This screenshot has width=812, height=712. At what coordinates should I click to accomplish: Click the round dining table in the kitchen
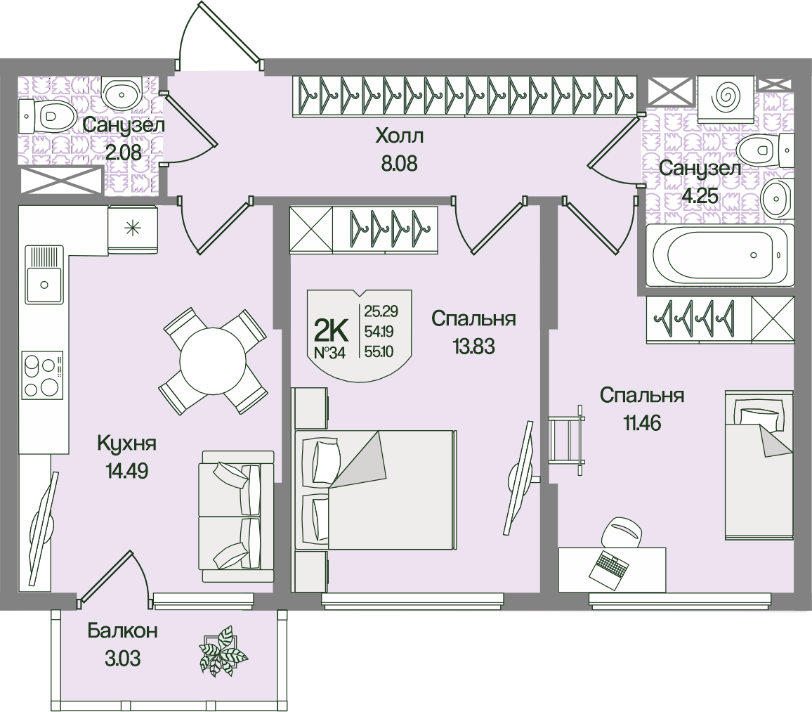point(213,361)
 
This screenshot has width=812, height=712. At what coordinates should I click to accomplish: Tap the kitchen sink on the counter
point(44,283)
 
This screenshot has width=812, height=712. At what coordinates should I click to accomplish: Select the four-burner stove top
point(42,377)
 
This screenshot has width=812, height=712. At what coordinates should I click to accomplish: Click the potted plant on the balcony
point(223,652)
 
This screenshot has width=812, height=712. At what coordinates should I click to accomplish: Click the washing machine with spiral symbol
point(728,97)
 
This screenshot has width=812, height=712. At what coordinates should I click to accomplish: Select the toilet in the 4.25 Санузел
point(764,148)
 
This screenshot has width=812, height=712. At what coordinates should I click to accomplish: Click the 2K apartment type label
point(330,328)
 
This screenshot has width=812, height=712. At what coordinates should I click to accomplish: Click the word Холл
point(400,135)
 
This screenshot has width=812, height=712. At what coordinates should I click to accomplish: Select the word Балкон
point(122,631)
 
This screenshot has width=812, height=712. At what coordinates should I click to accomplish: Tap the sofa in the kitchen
point(237,517)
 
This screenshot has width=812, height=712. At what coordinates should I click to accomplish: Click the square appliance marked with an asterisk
point(132,228)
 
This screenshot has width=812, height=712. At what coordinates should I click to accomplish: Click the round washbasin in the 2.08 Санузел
point(123,91)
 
